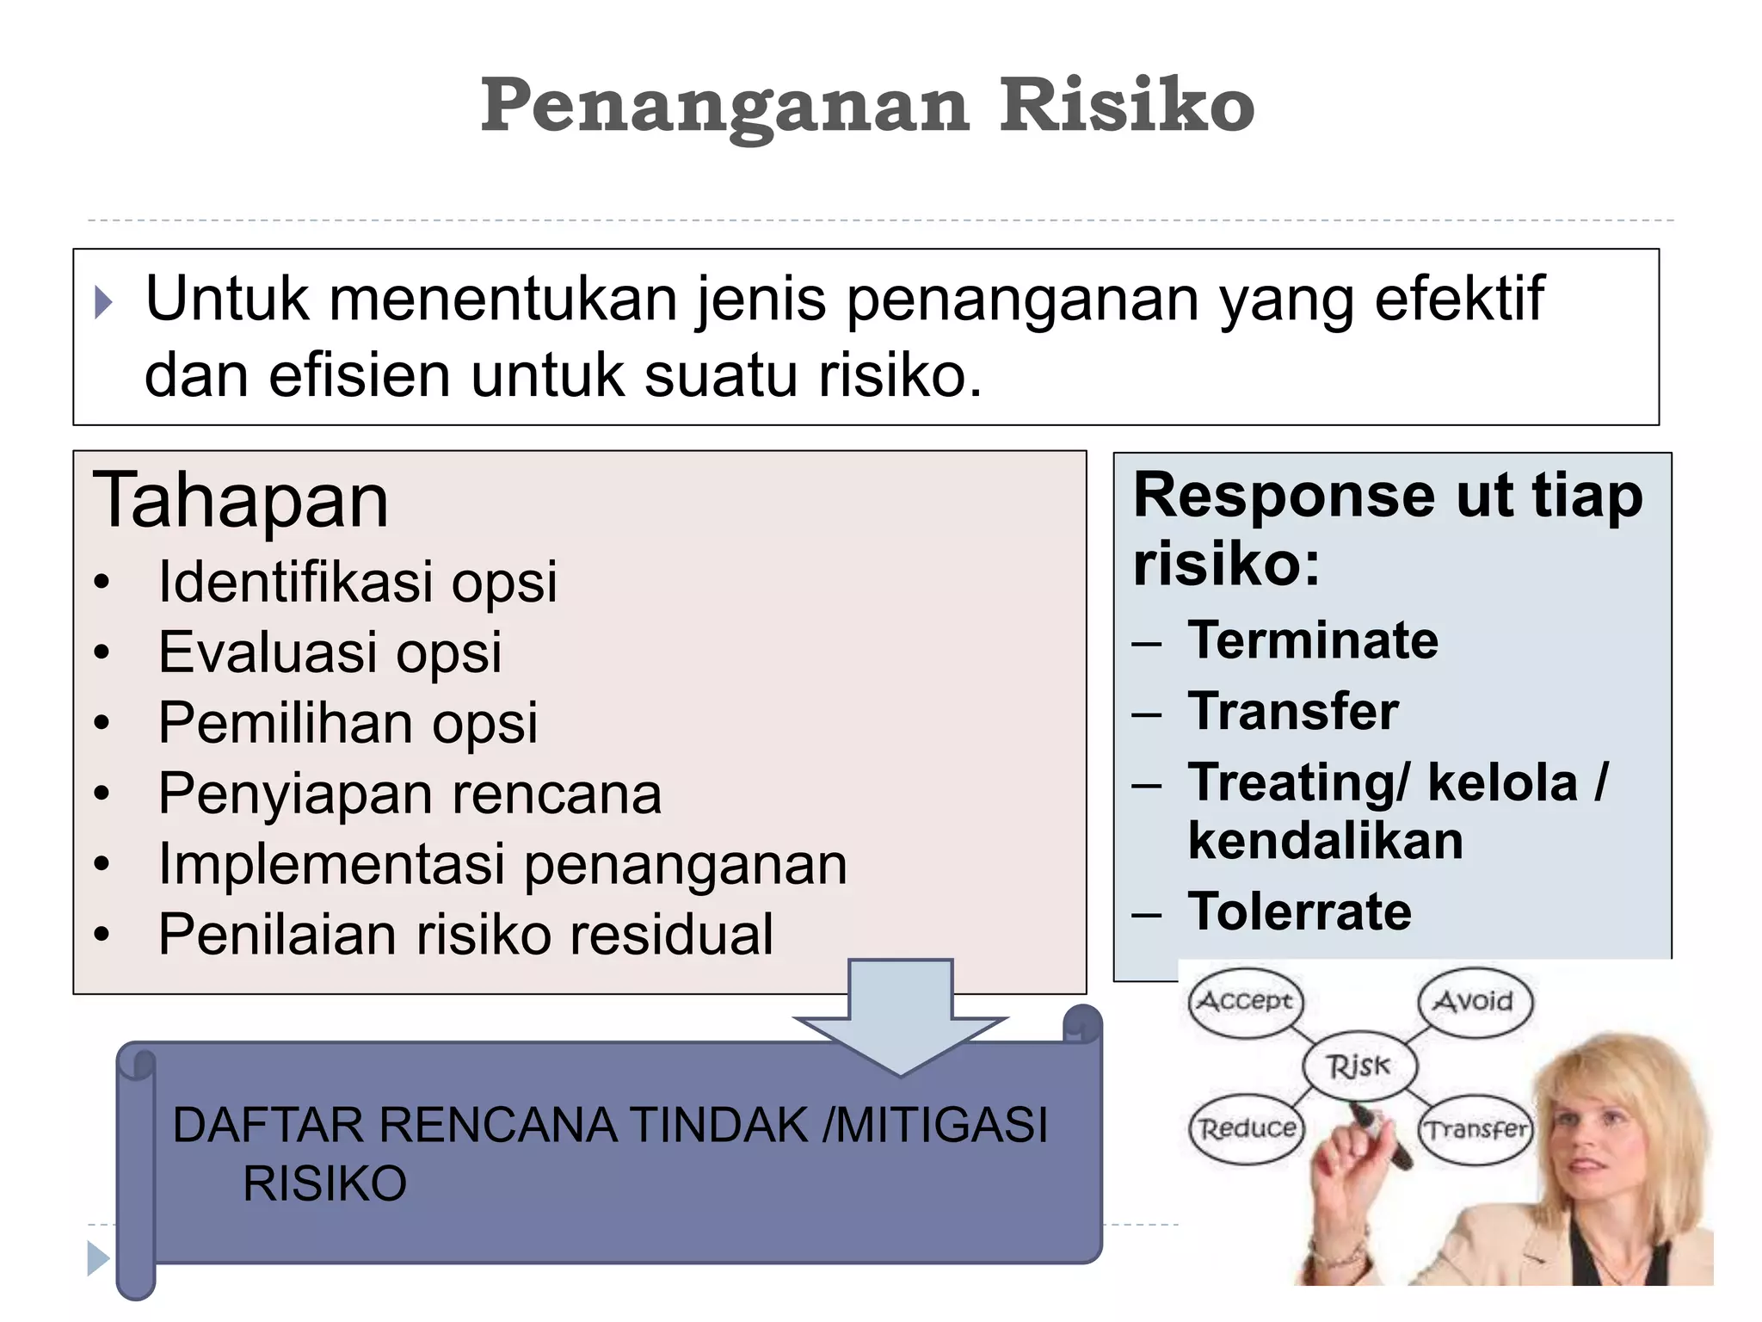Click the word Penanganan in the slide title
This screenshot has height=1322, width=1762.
[x=724, y=107]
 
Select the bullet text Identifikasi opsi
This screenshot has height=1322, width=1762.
[x=357, y=581]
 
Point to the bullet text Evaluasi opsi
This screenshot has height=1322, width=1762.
[x=330, y=652]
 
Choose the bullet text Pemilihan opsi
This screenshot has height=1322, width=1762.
[x=348, y=722]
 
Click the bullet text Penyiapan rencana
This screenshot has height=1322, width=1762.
[x=410, y=793]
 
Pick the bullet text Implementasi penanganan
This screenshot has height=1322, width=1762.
[x=502, y=863]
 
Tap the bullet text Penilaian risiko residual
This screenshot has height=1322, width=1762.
[x=465, y=934]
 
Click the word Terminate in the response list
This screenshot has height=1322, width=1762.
[x=1313, y=640]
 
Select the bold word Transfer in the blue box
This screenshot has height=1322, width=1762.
[x=1293, y=712]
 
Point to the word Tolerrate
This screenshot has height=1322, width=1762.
[x=1300, y=911]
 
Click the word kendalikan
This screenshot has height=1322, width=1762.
[x=1326, y=840]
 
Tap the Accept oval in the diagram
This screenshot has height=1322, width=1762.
[x=1245, y=1002]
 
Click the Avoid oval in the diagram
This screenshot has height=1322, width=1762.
[x=1474, y=1001]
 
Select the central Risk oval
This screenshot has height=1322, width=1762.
[x=1358, y=1066]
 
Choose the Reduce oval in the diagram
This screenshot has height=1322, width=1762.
[x=1247, y=1128]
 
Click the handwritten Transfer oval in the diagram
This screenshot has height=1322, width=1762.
[x=1476, y=1128]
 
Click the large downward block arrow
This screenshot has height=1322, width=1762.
[x=900, y=1016]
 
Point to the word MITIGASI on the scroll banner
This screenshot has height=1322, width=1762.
[x=942, y=1125]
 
